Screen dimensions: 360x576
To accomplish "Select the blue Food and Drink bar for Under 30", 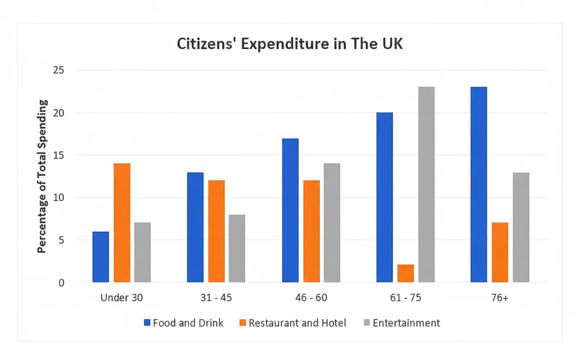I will [101, 257].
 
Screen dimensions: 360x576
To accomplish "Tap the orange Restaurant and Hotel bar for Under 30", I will [122, 223].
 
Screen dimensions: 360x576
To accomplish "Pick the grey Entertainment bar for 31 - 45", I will [237, 248].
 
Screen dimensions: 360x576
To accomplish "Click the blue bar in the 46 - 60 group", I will [290, 210].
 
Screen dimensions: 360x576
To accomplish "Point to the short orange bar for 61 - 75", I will [405, 274].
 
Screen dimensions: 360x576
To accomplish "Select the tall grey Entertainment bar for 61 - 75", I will [427, 184].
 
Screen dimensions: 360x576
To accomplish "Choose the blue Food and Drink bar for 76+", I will [479, 184].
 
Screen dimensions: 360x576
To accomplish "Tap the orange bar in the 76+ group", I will [500, 252].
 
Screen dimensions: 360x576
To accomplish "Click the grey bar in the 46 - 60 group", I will [332, 223].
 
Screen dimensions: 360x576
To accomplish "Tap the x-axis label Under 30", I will [121, 298].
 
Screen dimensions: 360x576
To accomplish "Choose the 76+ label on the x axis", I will [499, 298].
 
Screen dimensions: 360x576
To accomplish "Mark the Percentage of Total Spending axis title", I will [42, 176].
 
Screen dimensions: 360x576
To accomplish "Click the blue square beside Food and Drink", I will [147, 323].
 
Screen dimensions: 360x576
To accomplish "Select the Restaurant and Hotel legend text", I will [297, 323].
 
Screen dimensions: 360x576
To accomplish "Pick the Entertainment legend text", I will [406, 323].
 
